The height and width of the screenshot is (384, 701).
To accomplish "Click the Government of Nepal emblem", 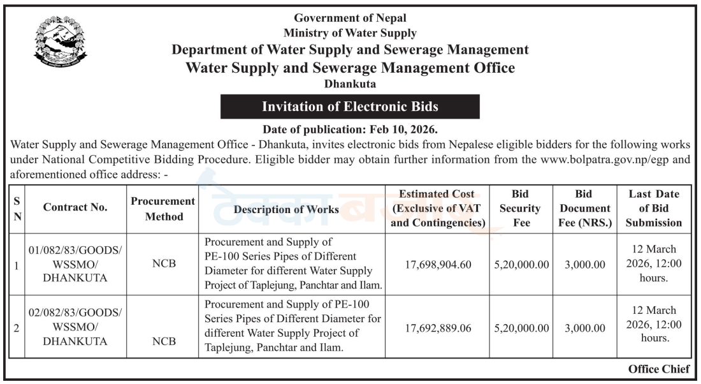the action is [60, 41].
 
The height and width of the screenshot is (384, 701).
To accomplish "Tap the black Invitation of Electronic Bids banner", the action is [350, 107].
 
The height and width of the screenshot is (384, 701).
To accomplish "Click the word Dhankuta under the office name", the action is [350, 84].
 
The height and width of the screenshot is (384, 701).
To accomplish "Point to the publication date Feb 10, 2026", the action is [403, 129].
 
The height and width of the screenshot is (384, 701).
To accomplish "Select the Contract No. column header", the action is [75, 207].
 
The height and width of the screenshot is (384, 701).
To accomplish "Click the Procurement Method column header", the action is [163, 209].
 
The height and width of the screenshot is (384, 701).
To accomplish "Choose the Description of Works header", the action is [286, 209].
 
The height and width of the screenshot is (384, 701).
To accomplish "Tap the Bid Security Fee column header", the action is [521, 208].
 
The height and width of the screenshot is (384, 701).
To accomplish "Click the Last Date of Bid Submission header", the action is [654, 208].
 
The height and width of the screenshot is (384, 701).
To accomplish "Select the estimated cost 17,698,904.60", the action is [438, 265].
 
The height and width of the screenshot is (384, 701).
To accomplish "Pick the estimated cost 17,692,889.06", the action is [438, 329].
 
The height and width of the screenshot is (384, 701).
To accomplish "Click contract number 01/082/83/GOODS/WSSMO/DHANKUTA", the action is [75, 264].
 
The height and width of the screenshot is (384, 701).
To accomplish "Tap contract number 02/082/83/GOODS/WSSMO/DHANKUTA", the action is [75, 327].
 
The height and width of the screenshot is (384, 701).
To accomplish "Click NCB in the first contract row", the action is [164, 263].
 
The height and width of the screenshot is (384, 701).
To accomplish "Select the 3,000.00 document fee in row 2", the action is [585, 329].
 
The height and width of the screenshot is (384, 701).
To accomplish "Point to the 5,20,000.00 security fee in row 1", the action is [521, 265].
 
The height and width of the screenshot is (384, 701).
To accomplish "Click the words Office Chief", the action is [659, 369].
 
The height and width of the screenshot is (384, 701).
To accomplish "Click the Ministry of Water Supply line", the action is [350, 33].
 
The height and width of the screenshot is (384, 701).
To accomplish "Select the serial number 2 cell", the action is [17, 329].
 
